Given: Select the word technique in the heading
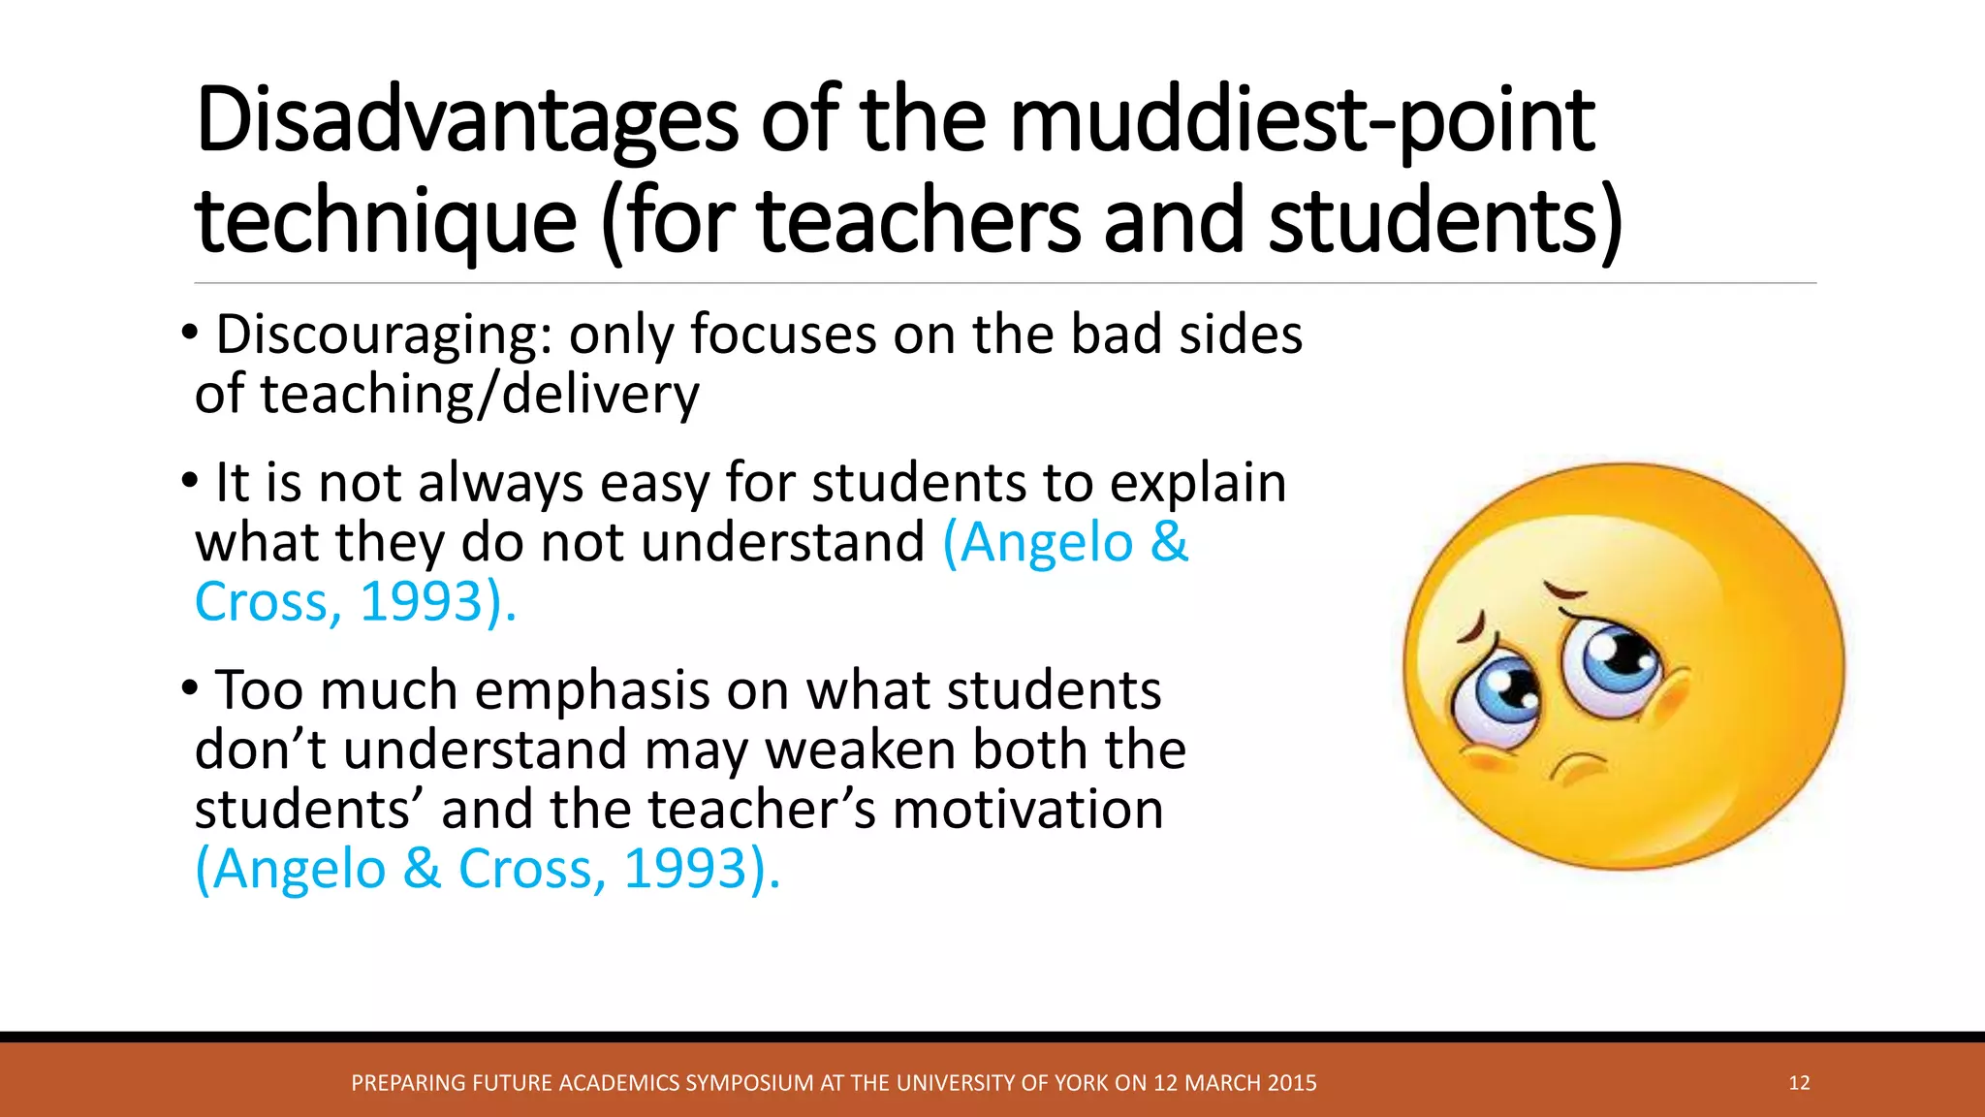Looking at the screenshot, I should click(386, 222).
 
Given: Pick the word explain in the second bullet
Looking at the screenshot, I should click(1197, 483).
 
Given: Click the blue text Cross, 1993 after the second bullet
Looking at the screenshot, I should click(339, 602).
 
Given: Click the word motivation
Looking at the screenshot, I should click(1027, 810).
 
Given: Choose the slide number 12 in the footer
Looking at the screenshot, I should click(1799, 1083).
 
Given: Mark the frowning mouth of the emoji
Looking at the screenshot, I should click(1580, 767).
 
